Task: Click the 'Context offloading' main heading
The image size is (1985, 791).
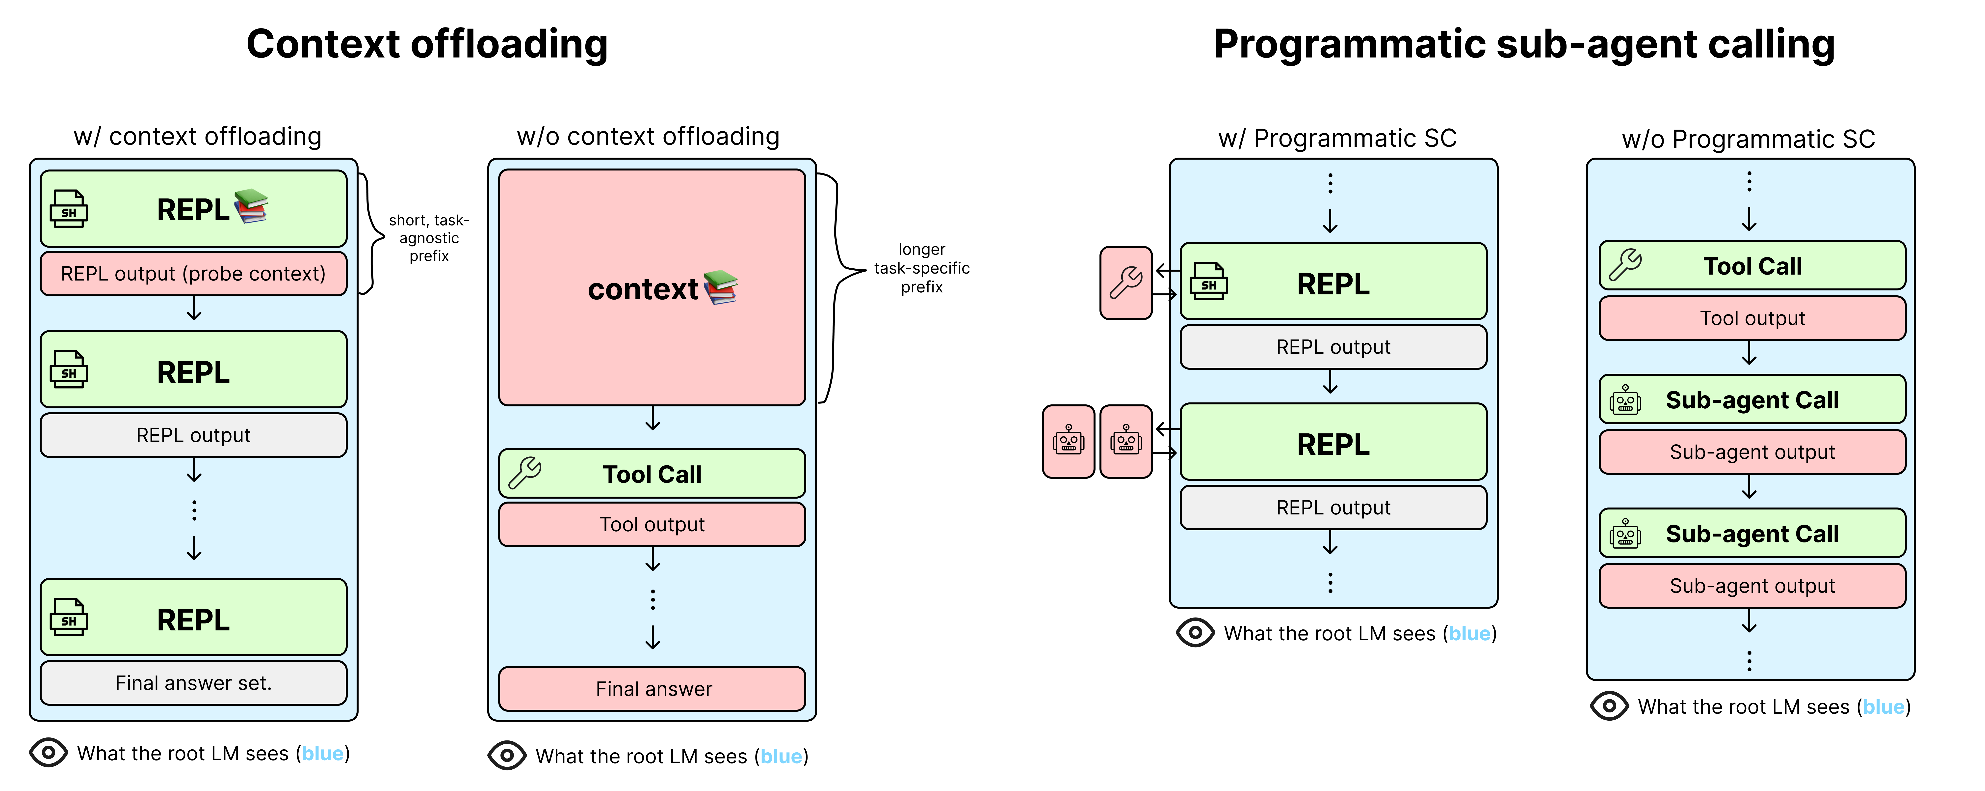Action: [427, 44]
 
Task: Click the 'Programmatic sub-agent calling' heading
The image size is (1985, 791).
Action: [1523, 44]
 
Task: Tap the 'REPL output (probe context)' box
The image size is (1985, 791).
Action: [193, 274]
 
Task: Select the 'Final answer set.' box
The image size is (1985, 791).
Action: [193, 683]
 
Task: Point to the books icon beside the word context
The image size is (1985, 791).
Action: [721, 287]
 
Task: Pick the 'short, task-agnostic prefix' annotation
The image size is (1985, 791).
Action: [429, 238]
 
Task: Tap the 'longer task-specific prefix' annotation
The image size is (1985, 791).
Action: [922, 268]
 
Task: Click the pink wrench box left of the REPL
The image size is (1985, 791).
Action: [1126, 283]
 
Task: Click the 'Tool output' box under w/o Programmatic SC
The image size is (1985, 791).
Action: [1752, 318]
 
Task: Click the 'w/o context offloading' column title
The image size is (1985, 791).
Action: [648, 137]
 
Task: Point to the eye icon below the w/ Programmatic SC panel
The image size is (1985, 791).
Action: [1195, 633]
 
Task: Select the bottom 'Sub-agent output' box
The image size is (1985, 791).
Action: [1752, 586]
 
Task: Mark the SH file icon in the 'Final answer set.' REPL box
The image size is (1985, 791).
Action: [69, 618]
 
